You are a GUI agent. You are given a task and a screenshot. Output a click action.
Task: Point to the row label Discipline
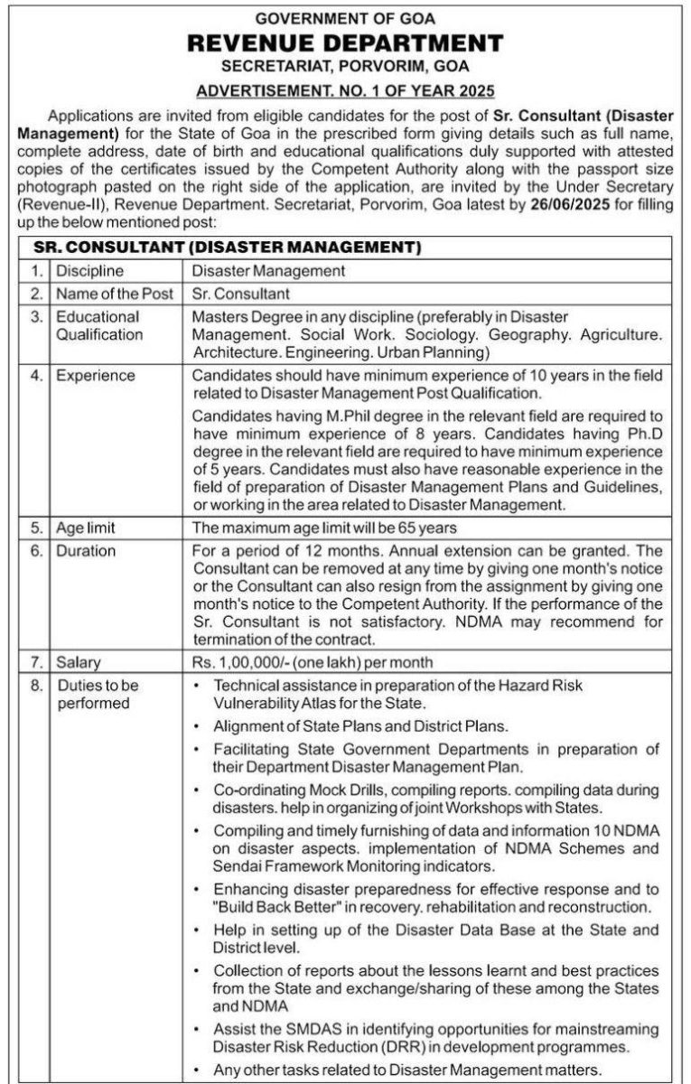[x=90, y=270]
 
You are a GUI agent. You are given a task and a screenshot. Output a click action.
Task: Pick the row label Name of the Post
[x=114, y=294]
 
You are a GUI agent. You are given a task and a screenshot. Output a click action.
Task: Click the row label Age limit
[x=86, y=528]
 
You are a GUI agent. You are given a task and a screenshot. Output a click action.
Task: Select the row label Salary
[x=78, y=662]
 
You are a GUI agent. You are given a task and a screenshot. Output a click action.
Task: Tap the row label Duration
[x=86, y=550]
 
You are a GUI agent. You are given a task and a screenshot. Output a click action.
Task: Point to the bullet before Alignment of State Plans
[x=200, y=725]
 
